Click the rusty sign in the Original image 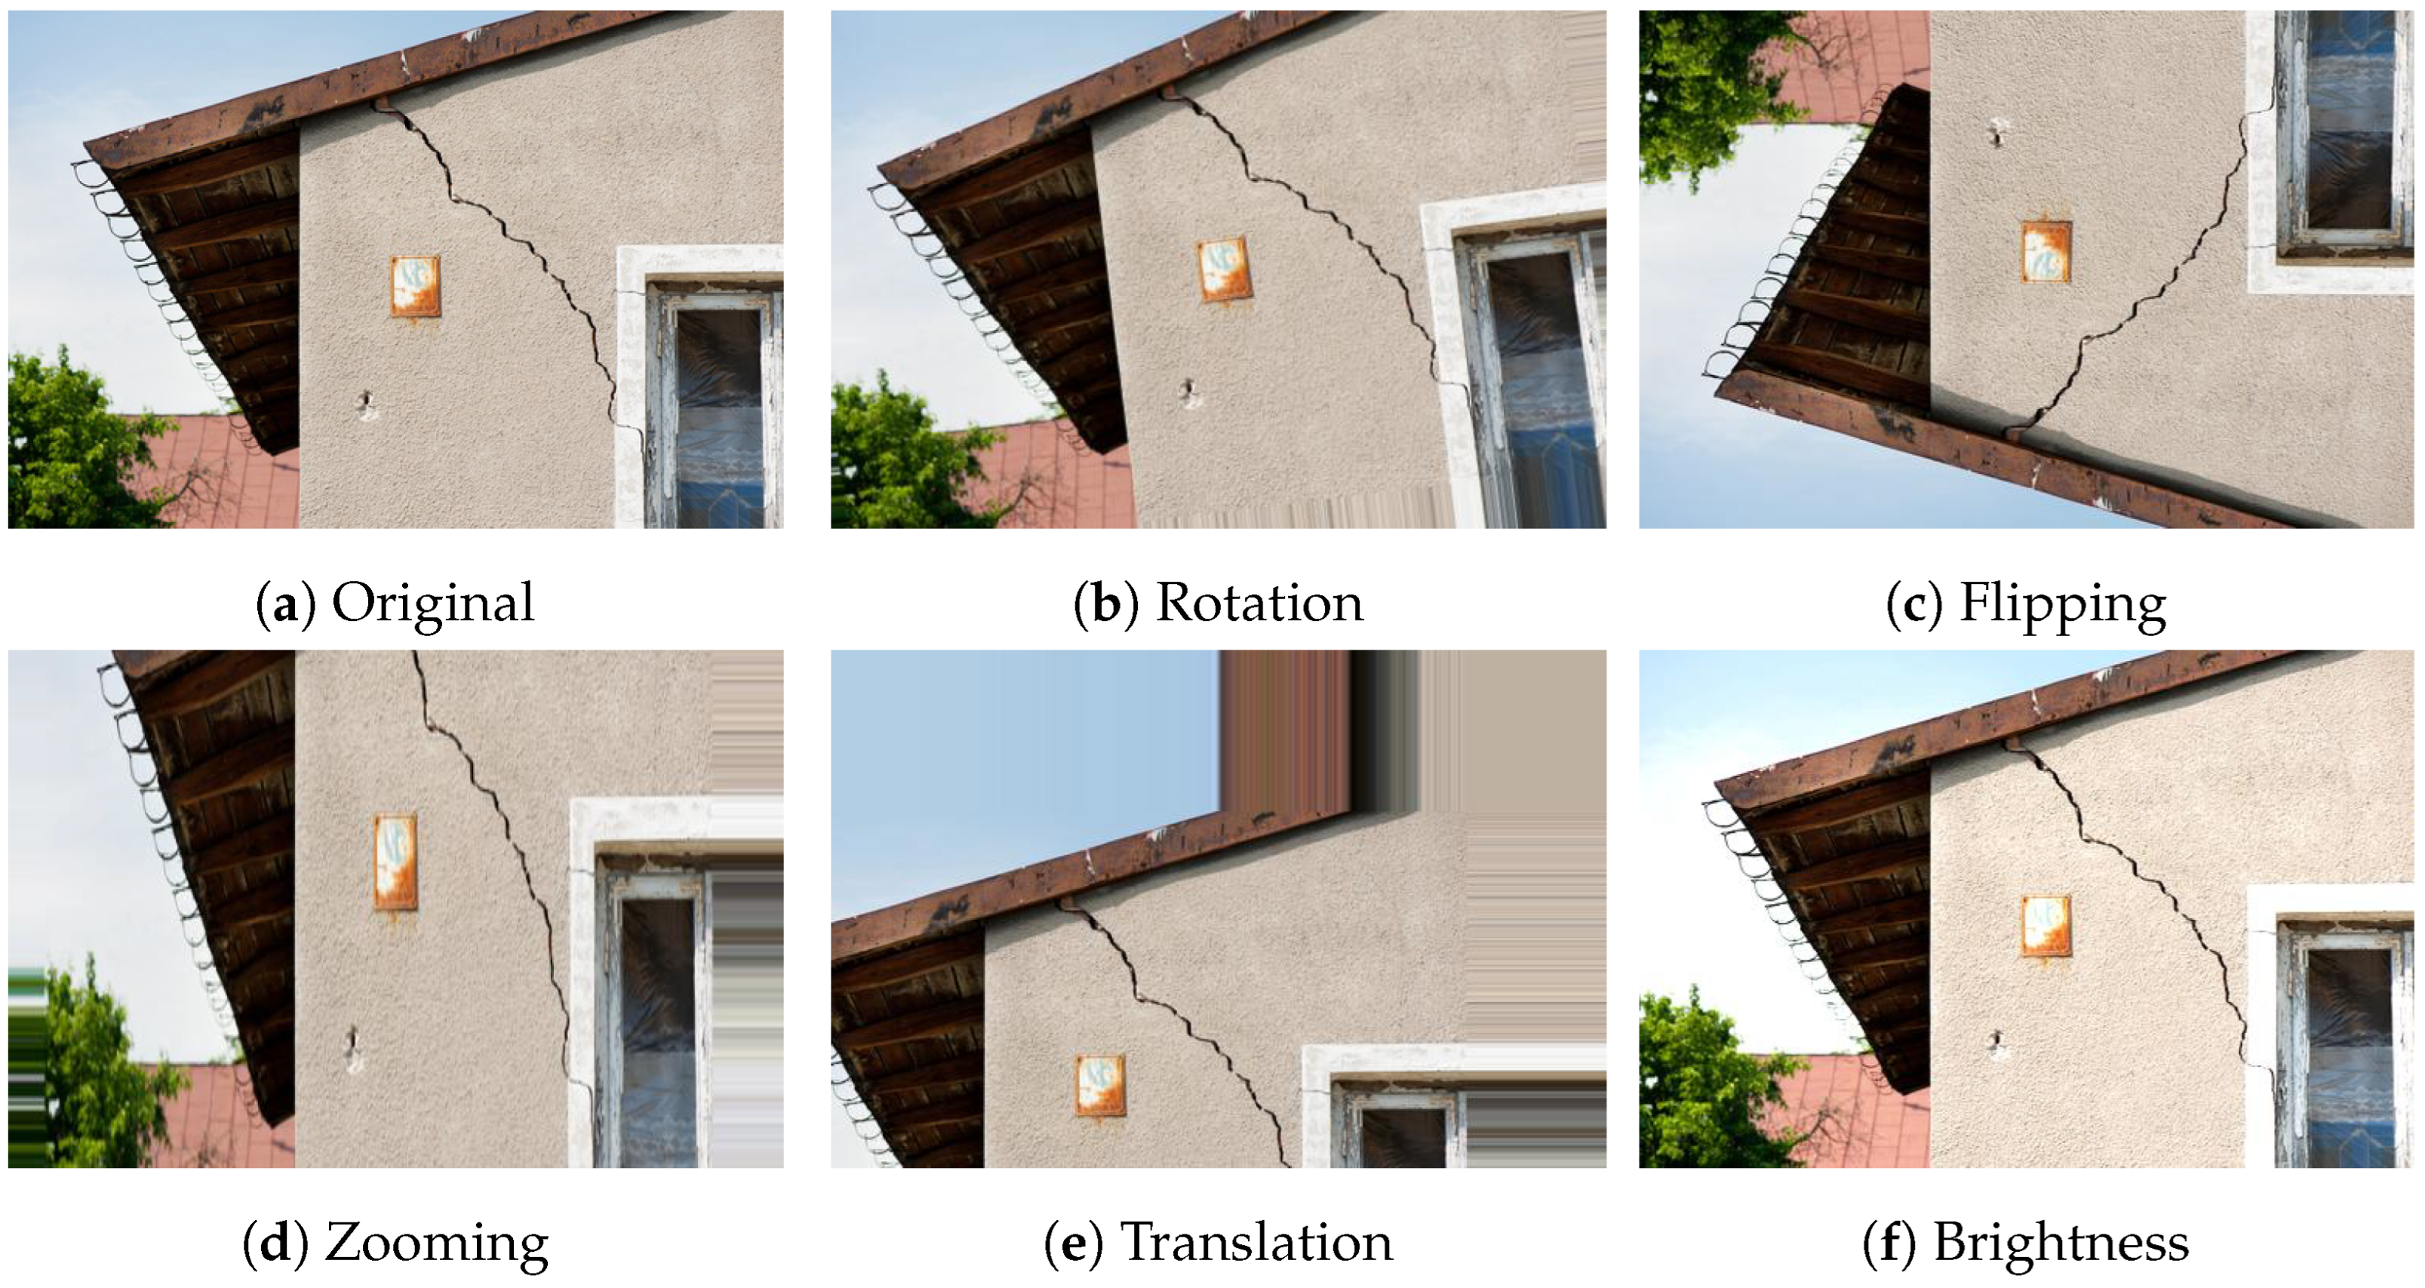click(x=415, y=286)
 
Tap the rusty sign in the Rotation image click(x=1224, y=271)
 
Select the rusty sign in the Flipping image click(x=2046, y=251)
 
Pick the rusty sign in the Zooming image click(x=395, y=862)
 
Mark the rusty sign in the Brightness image click(x=2046, y=926)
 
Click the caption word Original click(x=433, y=603)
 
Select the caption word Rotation click(x=1259, y=603)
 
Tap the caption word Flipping click(x=2063, y=604)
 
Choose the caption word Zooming click(x=437, y=1243)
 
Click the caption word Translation click(x=1257, y=1242)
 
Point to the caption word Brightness click(x=2061, y=1243)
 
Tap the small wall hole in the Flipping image click(x=1996, y=132)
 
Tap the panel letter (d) click(x=276, y=1243)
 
